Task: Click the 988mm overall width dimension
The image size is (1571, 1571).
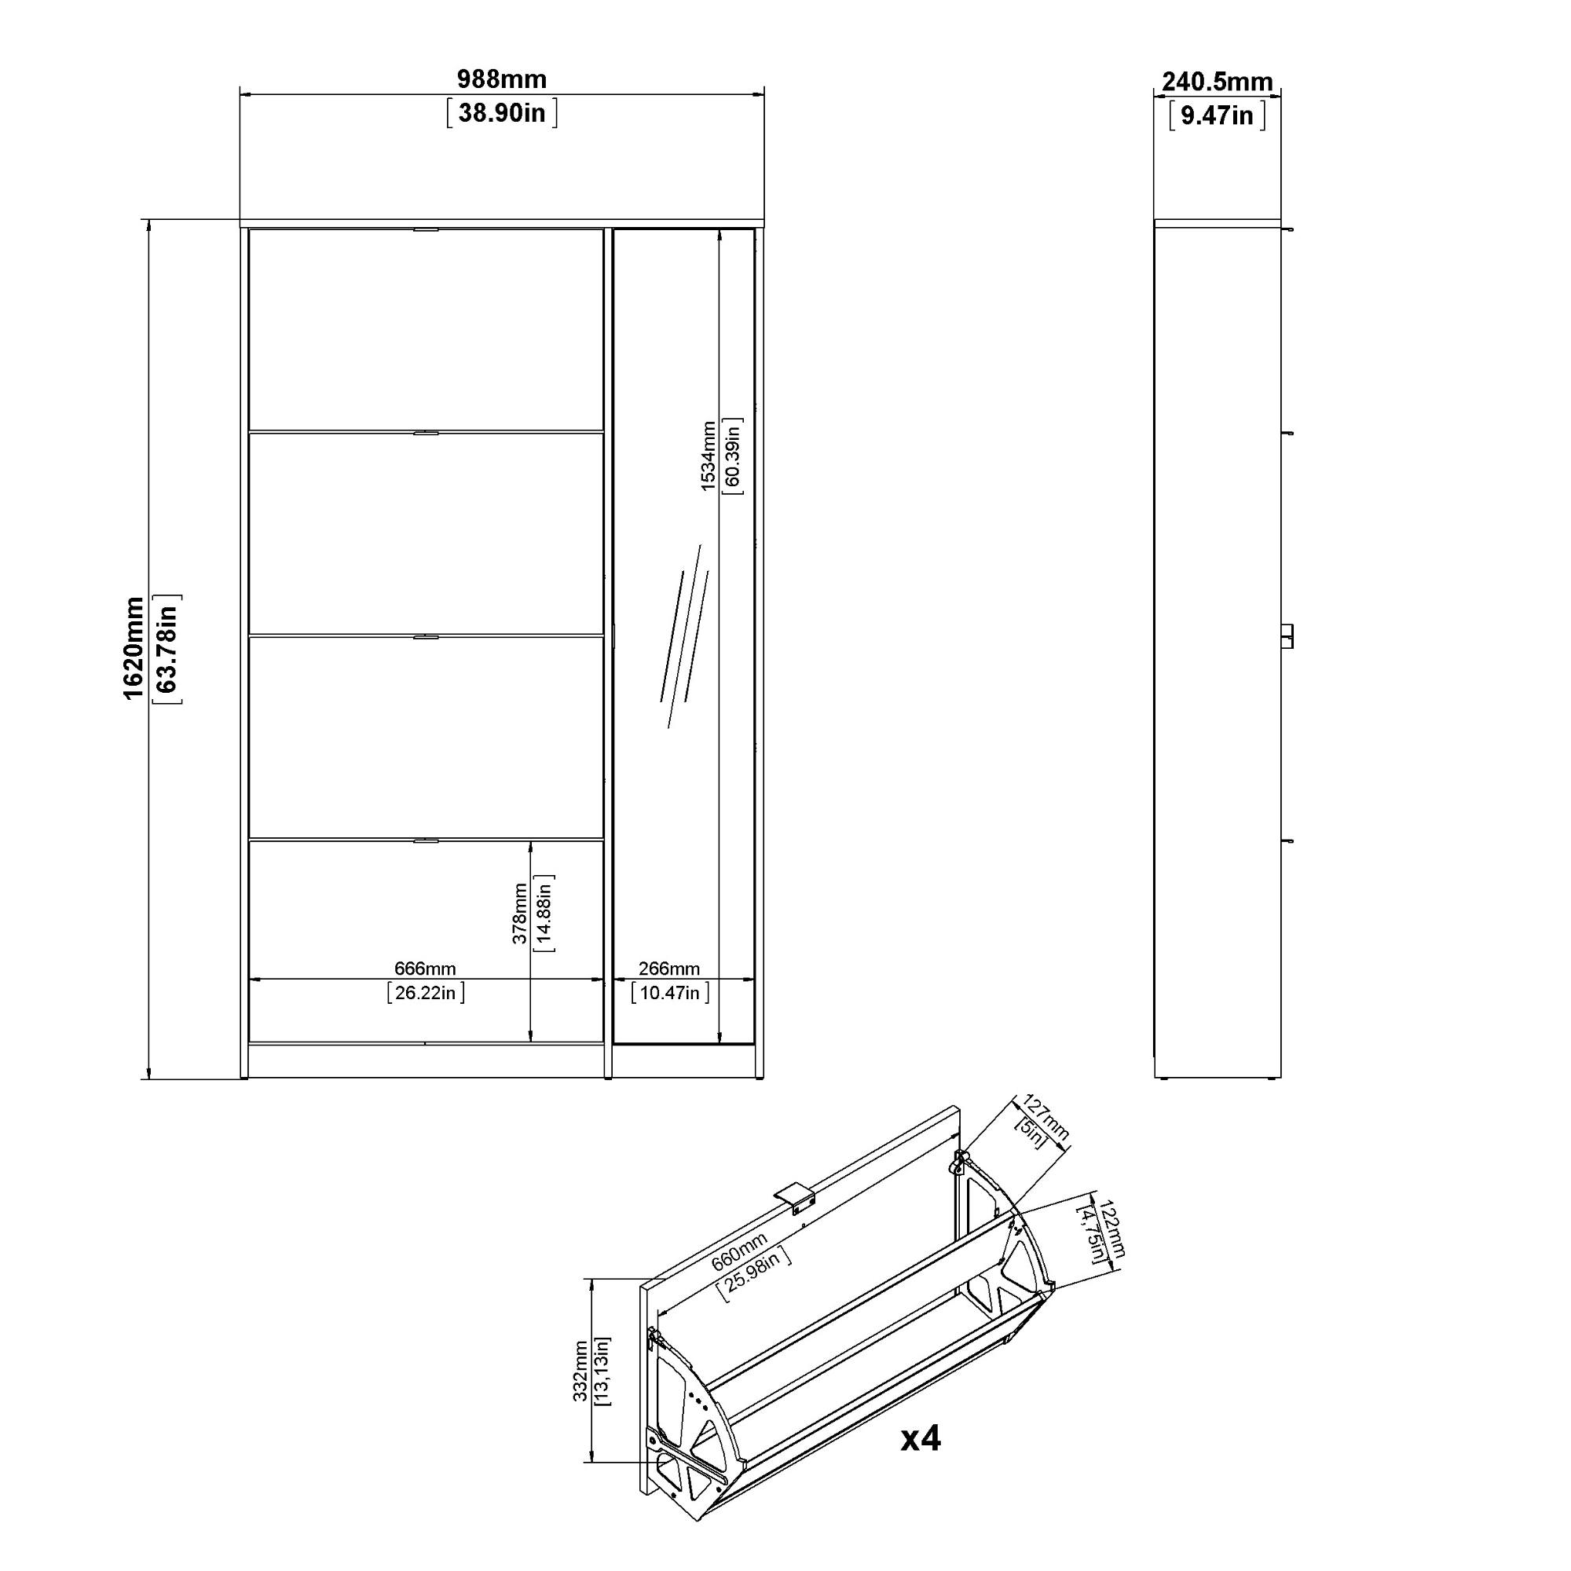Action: [502, 79]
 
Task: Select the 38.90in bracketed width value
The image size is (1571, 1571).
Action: [502, 113]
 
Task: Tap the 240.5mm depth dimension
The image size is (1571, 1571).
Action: [1217, 82]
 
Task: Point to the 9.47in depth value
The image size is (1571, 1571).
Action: [1217, 115]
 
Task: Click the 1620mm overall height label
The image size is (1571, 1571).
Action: [134, 648]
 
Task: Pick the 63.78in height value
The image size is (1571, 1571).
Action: [167, 648]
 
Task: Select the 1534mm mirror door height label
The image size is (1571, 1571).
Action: [709, 456]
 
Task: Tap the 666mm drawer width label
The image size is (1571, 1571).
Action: [425, 969]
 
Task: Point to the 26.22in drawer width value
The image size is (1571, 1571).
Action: [426, 993]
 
